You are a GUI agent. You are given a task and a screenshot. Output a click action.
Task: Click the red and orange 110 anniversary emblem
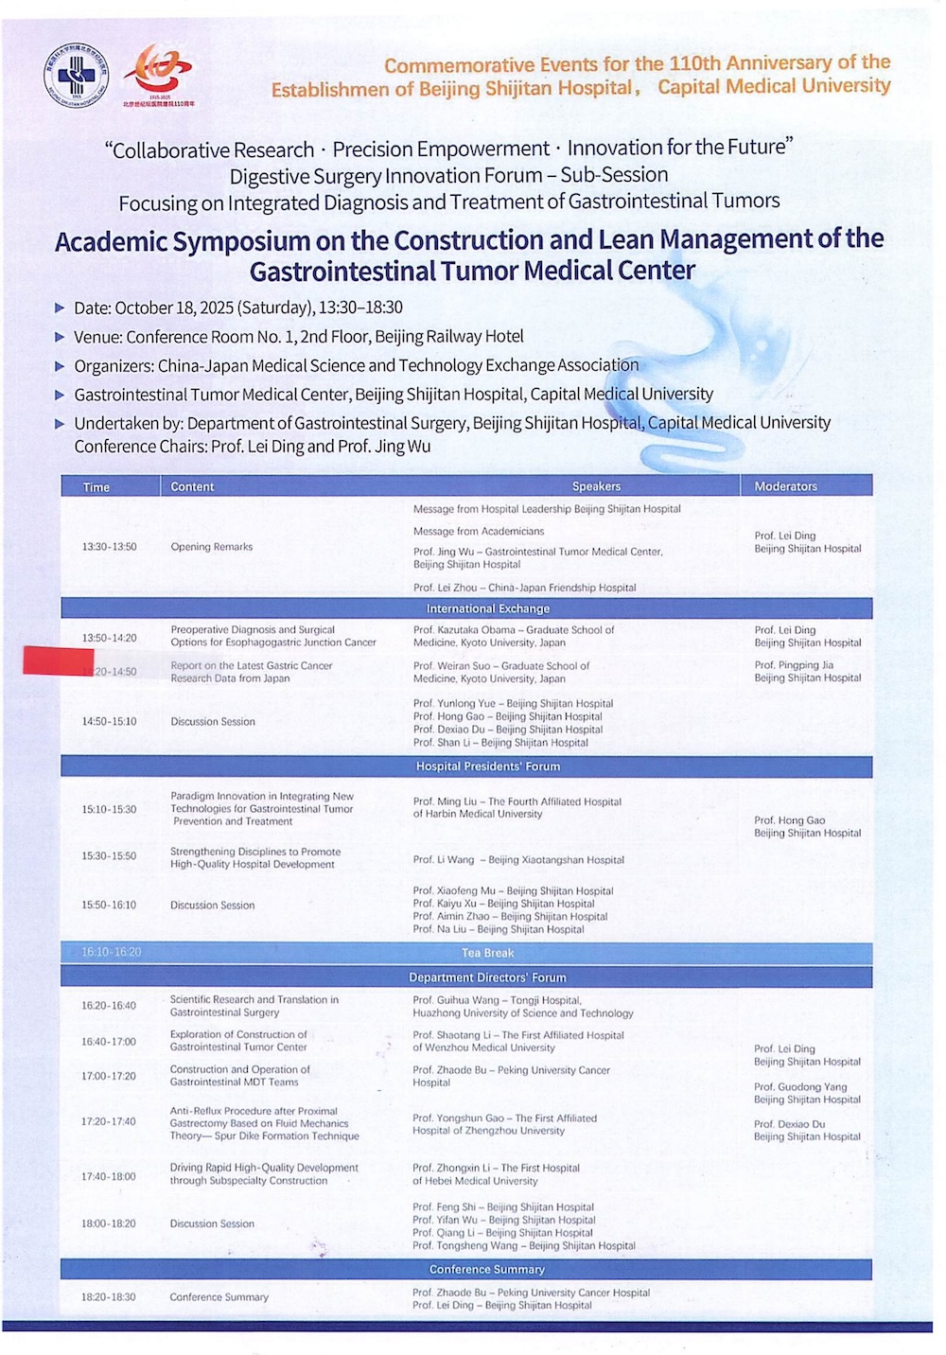pyautogui.click(x=161, y=72)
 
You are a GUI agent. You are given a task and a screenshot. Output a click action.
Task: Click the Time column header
pyautogui.click(x=96, y=487)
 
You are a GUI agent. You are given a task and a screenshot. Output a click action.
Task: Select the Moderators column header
pyautogui.click(x=785, y=486)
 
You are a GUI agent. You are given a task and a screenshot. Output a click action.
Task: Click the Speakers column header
pyautogui.click(x=596, y=486)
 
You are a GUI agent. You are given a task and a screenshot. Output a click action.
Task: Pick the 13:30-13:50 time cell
pyautogui.click(x=109, y=547)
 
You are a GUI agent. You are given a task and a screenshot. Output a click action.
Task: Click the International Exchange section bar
pyautogui.click(x=487, y=608)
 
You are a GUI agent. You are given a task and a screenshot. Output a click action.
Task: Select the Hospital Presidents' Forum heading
pyautogui.click(x=487, y=766)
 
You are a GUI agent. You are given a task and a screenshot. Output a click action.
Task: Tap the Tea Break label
pyautogui.click(x=487, y=953)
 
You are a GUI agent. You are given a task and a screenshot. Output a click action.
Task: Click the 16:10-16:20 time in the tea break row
pyautogui.click(x=111, y=952)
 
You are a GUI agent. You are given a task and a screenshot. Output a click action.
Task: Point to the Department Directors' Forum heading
pyautogui.click(x=487, y=977)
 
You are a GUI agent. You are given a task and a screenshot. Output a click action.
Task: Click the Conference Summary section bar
pyautogui.click(x=487, y=1270)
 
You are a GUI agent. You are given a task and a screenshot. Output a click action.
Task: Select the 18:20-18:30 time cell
pyautogui.click(x=108, y=1297)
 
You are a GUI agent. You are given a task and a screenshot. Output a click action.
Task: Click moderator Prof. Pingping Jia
pyautogui.click(x=794, y=665)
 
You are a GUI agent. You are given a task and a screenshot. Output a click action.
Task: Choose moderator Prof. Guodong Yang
pyautogui.click(x=800, y=1087)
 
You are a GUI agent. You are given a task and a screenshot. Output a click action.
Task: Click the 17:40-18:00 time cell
pyautogui.click(x=108, y=1177)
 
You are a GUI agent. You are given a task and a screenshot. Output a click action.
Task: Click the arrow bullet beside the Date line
pyautogui.click(x=61, y=308)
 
